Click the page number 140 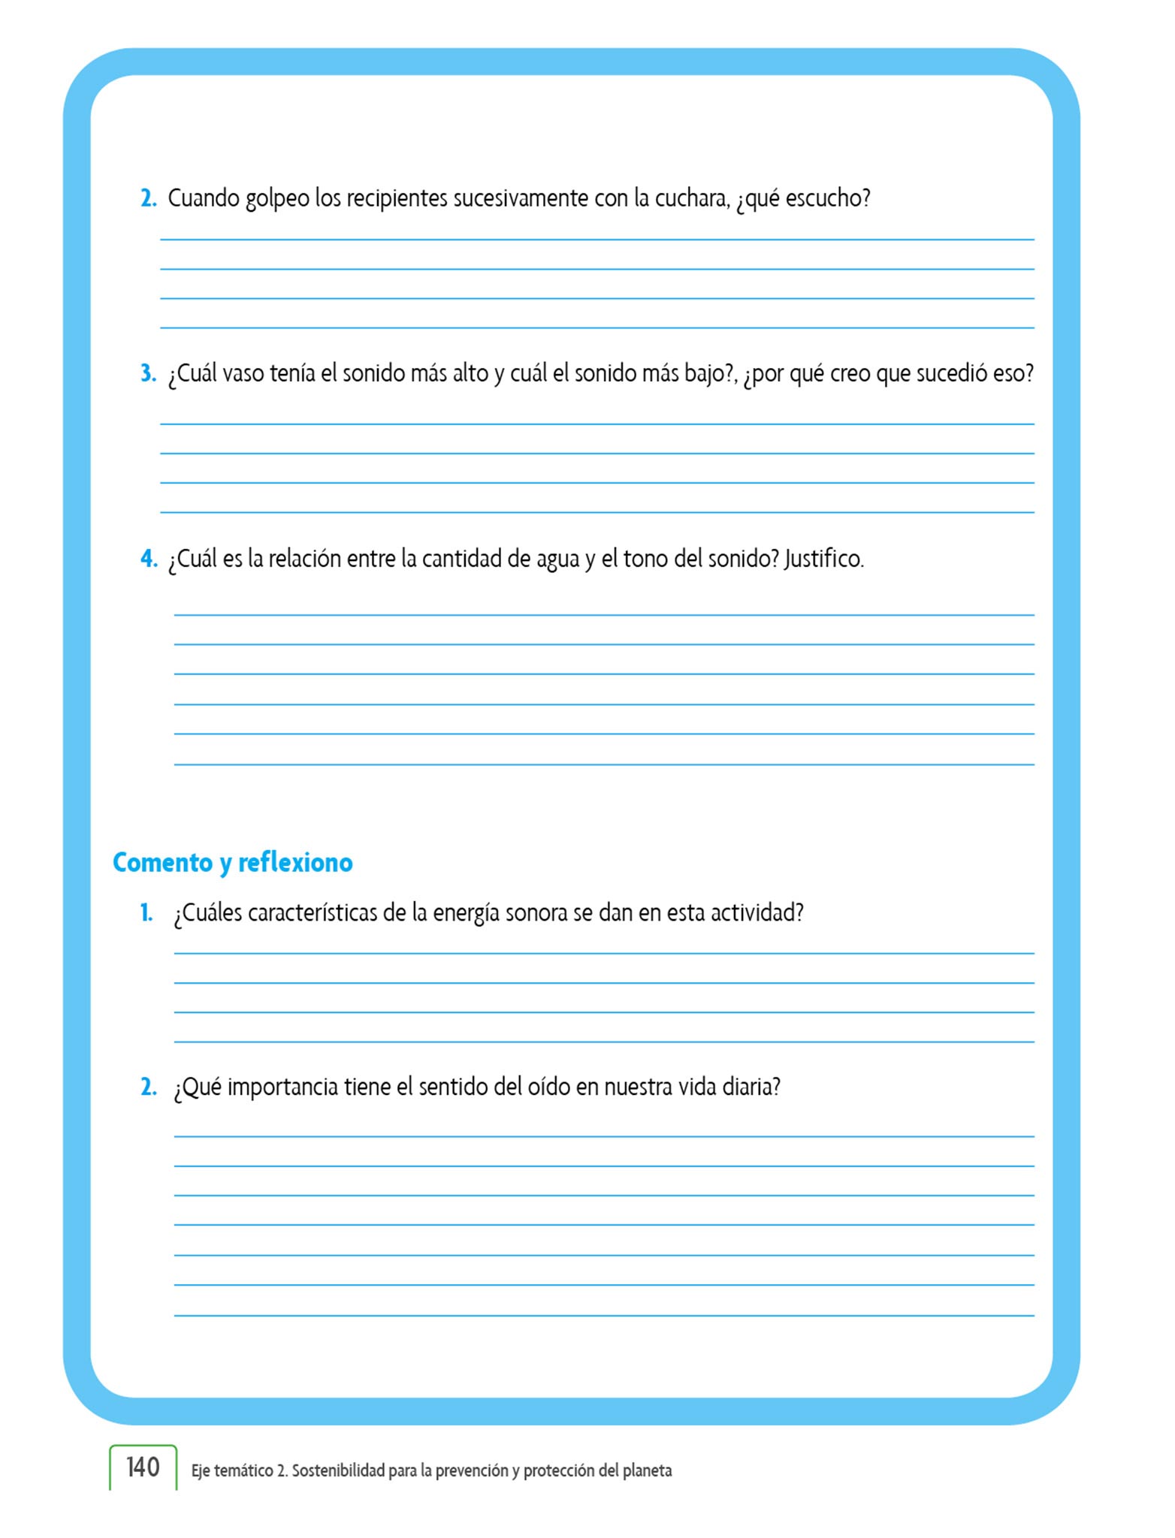143,1467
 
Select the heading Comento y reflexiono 232,862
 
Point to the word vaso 243,373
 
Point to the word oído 551,1087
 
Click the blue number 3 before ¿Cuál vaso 147,373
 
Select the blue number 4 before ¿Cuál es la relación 148,559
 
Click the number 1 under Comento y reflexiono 146,913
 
